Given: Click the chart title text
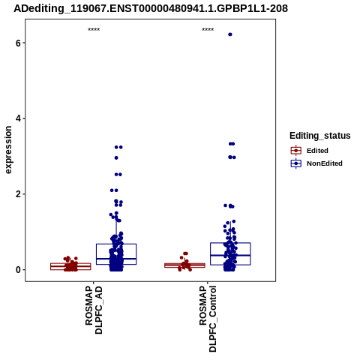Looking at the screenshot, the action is coord(151,9).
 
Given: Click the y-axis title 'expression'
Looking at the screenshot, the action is coord(8,150).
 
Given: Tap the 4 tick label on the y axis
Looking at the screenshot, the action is coord(18,118).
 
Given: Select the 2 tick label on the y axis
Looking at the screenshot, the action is coord(18,194).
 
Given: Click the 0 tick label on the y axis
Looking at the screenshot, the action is coord(18,270).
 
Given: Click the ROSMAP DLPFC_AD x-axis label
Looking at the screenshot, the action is coord(94,310).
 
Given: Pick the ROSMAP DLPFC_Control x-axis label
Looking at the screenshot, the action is coord(208,319).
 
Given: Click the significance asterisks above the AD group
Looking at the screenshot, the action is coord(94,30).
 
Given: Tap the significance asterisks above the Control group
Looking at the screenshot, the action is coord(208,30).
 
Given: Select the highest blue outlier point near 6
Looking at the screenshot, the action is coord(230,34).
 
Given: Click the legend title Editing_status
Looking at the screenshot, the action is coord(320,136).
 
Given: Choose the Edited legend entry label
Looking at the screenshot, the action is coord(317,151).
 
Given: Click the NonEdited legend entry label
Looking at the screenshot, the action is coord(325,163).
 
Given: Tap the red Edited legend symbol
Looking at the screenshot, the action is coord(296,151).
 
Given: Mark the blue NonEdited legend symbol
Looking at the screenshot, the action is coord(296,163).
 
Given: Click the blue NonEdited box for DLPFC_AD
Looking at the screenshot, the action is coord(116,244).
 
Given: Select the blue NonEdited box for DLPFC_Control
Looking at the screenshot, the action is coord(230,243).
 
